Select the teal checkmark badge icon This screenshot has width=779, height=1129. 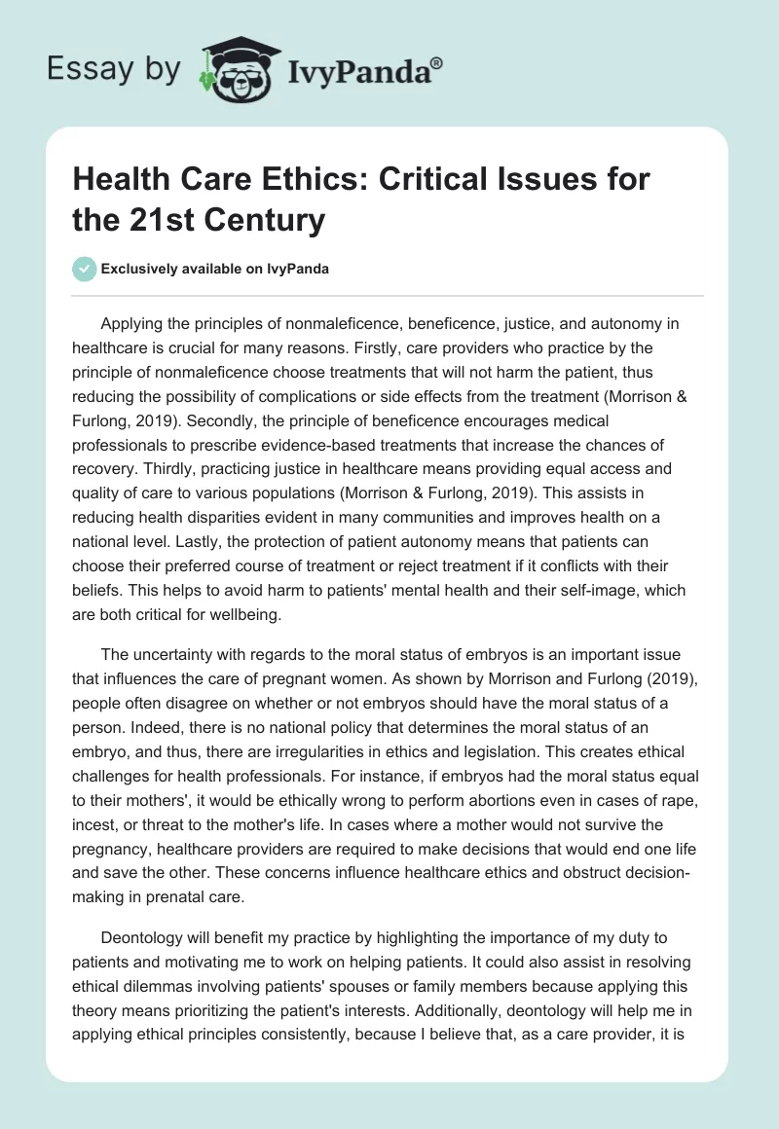click(85, 269)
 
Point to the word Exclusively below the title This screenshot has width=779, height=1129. click(139, 270)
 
